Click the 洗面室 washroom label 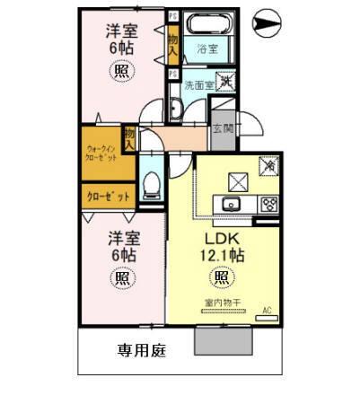coord(198,85)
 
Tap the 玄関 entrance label coord(222,128)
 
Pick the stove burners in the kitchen coord(268,203)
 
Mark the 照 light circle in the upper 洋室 coord(121,75)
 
